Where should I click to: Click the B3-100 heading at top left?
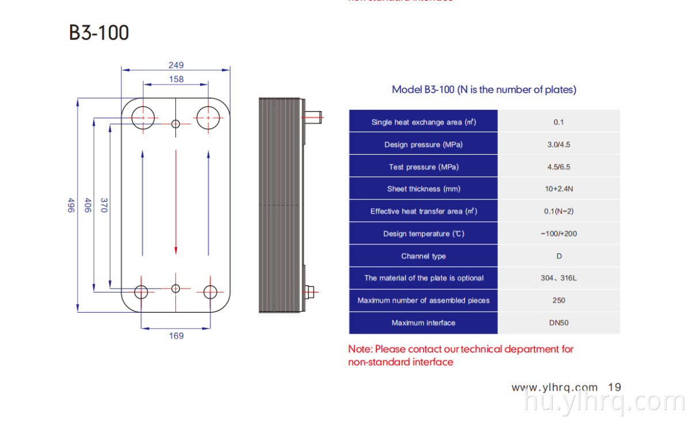click(99, 33)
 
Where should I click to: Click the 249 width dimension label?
click(176, 66)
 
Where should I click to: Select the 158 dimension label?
click(176, 79)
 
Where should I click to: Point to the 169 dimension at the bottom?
click(176, 336)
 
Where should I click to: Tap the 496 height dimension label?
click(71, 205)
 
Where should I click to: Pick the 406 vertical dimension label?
click(88, 205)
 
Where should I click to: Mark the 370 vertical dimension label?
click(104, 205)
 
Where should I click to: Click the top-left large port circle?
click(141, 118)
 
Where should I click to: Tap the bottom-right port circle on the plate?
click(210, 291)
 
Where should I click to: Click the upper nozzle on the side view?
click(314, 118)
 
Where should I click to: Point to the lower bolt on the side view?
click(311, 291)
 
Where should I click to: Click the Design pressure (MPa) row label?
click(423, 144)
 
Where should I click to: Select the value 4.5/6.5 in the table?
click(558, 167)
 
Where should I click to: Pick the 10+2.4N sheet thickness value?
click(558, 189)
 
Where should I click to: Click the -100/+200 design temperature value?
click(558, 233)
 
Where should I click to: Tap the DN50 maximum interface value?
click(558, 323)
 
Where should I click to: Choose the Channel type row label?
click(423, 256)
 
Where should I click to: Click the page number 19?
click(614, 388)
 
